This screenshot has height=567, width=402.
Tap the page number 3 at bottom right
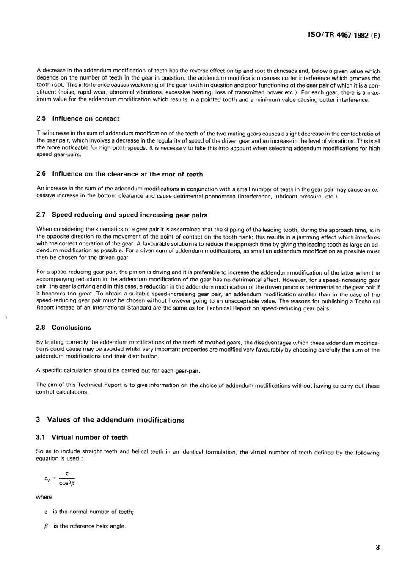(x=377, y=547)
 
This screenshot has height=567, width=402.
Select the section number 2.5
(x=41, y=119)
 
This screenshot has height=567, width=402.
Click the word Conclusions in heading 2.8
(x=71, y=328)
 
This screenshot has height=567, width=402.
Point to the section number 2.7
(x=41, y=215)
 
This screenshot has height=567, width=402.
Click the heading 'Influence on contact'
(x=85, y=119)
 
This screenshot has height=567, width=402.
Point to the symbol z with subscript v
(x=47, y=479)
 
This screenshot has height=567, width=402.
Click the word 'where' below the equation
(x=44, y=497)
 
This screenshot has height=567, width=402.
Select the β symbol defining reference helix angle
(x=46, y=526)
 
